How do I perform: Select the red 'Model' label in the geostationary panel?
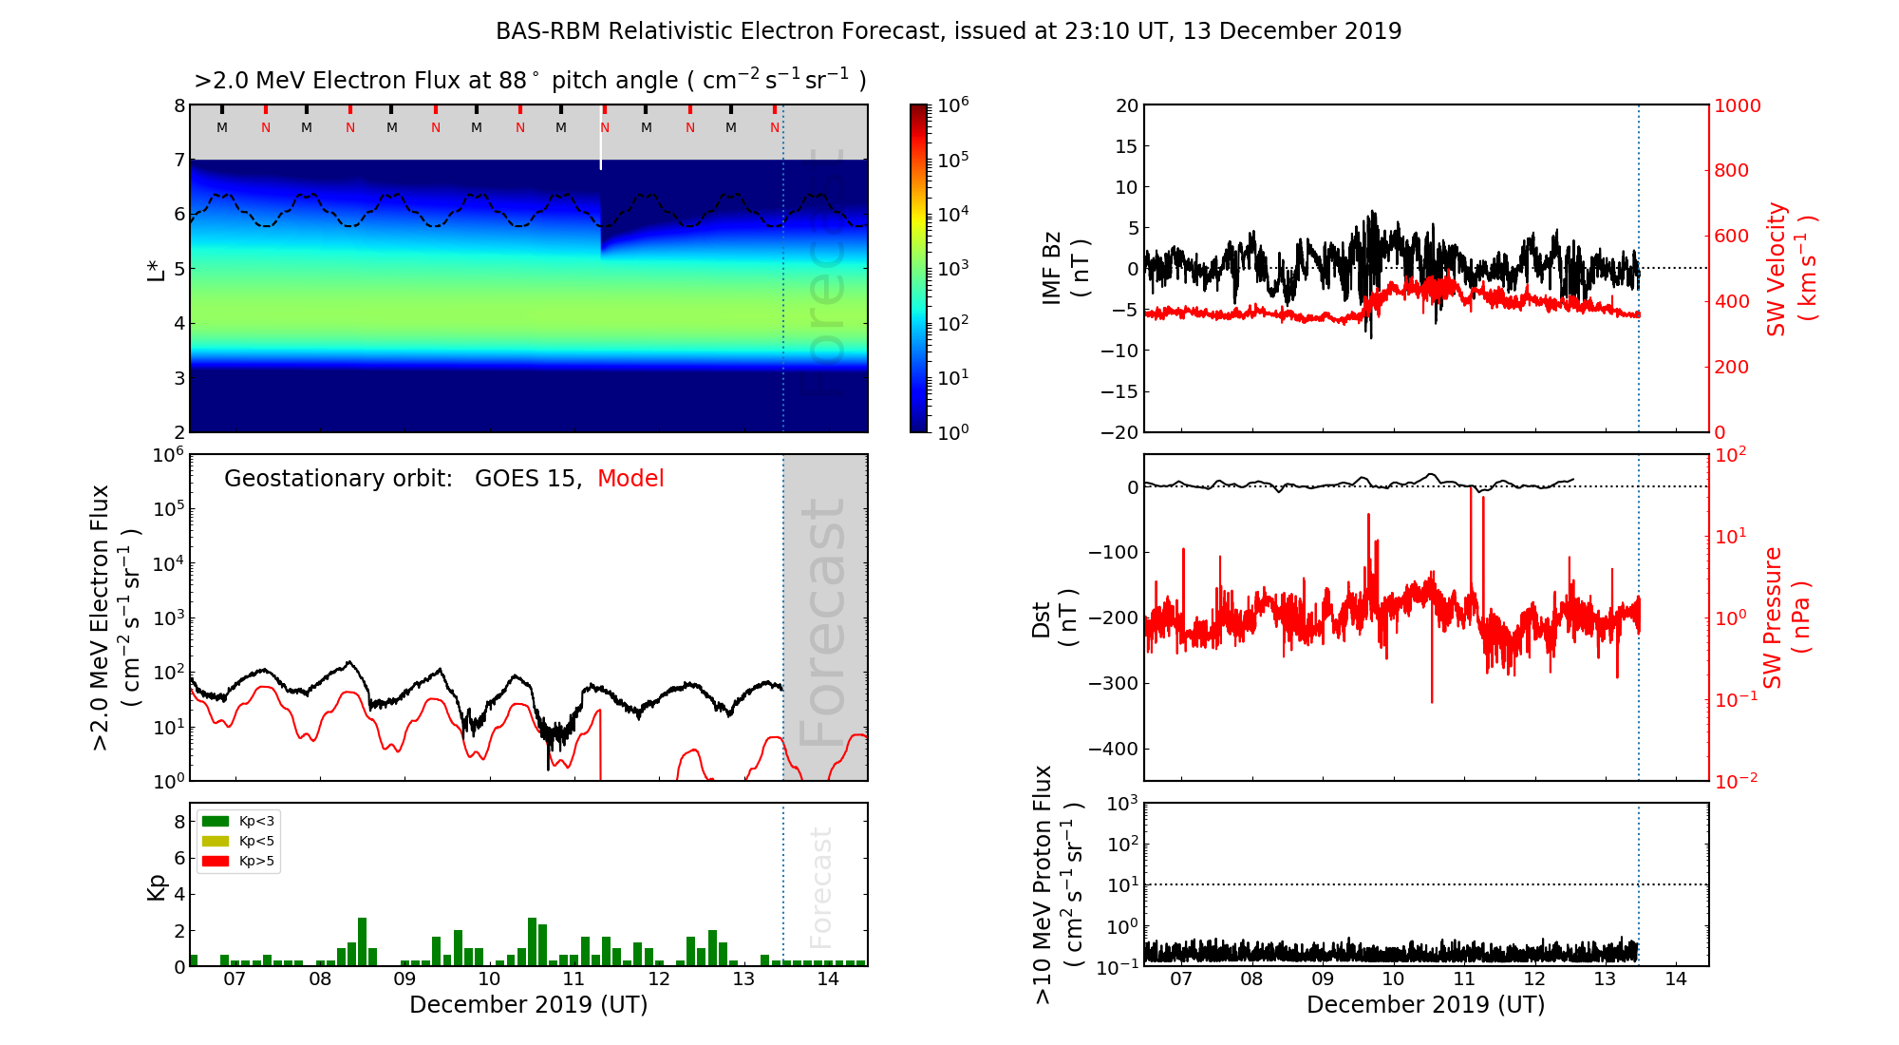[x=630, y=479]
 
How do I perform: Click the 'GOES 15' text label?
[x=526, y=479]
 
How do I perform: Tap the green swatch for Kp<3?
[x=216, y=821]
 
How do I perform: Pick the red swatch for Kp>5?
[x=216, y=862]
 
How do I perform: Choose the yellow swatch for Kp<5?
[x=216, y=841]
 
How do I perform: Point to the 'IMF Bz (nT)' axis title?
[x=1065, y=268]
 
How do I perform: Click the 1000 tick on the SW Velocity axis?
[x=1737, y=105]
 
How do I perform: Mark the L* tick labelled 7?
[x=179, y=160]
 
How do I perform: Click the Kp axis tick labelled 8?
[x=179, y=822]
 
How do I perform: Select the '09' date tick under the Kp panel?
[x=404, y=979]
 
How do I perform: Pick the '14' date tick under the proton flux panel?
[x=1676, y=979]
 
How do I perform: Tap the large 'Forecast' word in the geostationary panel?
[x=822, y=622]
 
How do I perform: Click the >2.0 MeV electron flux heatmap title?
[x=530, y=81]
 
